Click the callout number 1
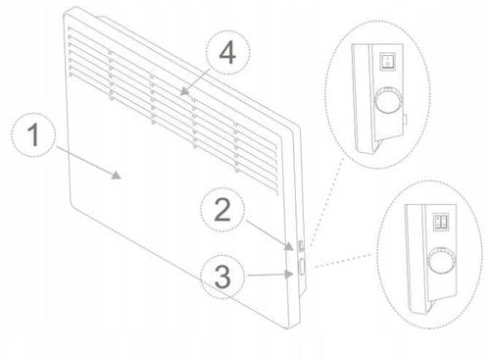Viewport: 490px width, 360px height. tap(33, 134)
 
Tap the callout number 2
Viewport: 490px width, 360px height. tap(222, 210)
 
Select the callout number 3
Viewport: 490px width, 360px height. tap(222, 277)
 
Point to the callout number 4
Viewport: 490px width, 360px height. tap(227, 53)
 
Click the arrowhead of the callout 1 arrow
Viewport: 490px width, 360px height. tap(117, 176)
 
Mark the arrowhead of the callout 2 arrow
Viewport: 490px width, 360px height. tap(288, 246)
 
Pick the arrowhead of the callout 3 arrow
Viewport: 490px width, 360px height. tap(289, 274)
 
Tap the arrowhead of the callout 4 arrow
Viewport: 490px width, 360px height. tap(185, 91)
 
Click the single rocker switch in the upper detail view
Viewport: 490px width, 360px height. tap(388, 61)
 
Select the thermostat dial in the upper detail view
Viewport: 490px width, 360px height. tap(388, 101)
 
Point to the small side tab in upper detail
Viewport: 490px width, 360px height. tap(405, 120)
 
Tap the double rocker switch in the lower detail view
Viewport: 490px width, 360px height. tap(441, 222)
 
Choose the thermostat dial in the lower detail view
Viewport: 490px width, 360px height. tap(441, 261)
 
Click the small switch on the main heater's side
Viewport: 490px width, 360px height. tap(301, 245)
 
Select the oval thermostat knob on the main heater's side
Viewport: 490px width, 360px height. tap(302, 266)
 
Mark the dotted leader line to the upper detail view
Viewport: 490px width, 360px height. tap(324, 202)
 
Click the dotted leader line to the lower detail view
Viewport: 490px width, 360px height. tap(343, 261)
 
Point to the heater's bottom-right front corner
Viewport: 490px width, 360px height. tap(287, 329)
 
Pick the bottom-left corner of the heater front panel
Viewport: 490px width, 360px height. tap(70, 204)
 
